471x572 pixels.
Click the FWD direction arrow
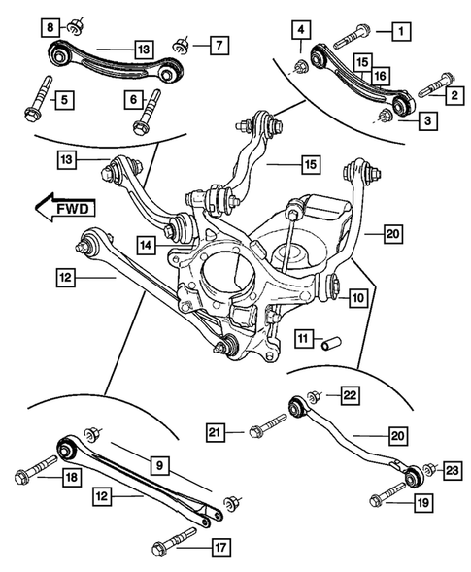(x=62, y=206)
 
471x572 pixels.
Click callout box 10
(x=357, y=298)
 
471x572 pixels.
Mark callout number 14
(x=146, y=247)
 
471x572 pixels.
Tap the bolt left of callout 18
(x=29, y=477)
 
